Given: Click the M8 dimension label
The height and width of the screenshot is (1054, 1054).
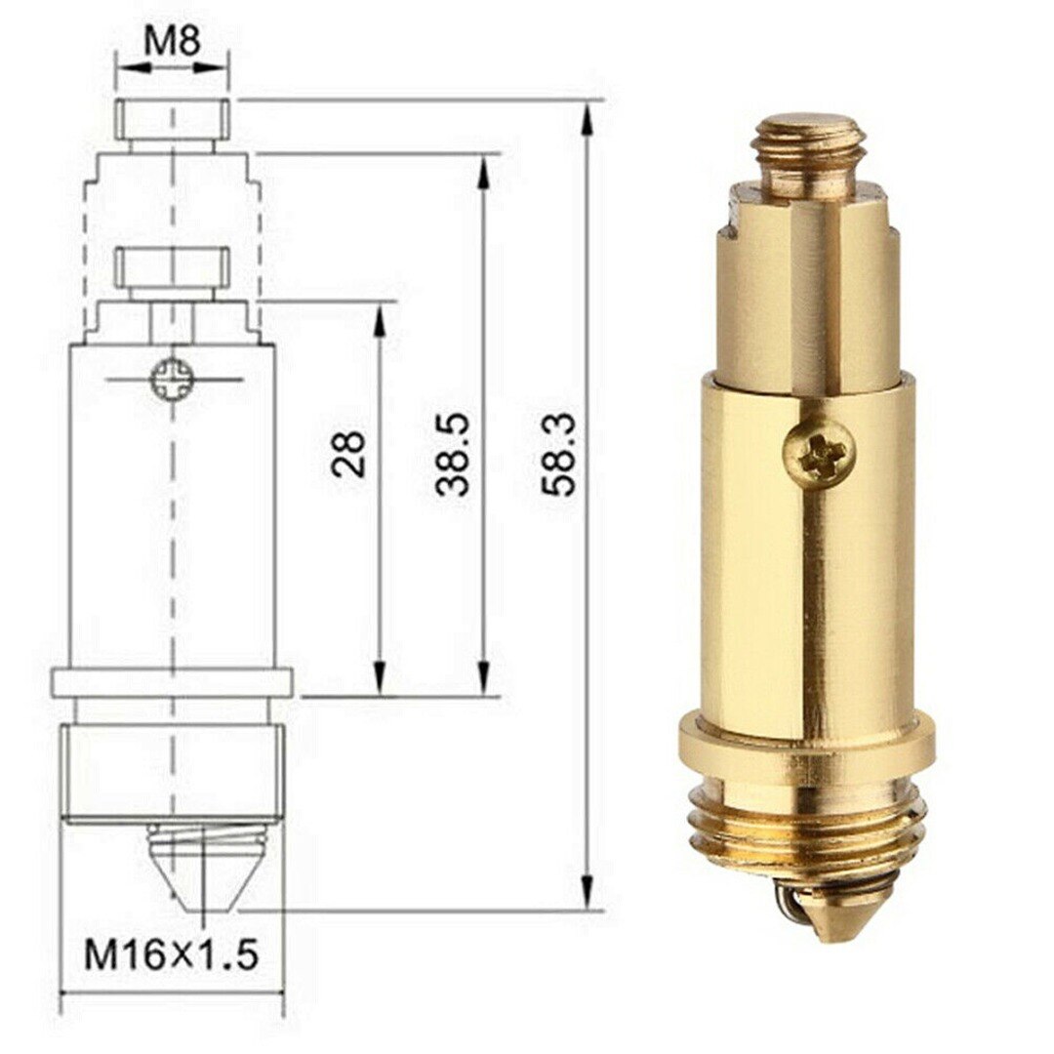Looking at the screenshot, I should click(173, 41).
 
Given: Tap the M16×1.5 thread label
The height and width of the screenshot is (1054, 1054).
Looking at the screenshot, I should click(172, 953).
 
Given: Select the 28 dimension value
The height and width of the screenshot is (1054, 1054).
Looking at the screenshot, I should click(349, 454).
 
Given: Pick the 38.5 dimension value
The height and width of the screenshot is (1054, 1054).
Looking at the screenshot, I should click(454, 454).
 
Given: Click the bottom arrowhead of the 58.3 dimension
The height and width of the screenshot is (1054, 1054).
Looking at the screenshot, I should click(587, 892).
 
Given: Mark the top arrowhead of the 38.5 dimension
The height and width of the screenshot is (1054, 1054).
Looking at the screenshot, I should click(482, 172).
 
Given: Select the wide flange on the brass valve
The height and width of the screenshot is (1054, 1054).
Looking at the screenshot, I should click(806, 746).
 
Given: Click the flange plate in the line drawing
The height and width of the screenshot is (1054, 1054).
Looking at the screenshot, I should click(172, 681).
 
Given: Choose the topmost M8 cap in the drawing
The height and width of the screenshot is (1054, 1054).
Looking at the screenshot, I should click(174, 118).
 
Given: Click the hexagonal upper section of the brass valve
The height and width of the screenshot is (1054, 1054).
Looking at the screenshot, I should click(807, 293).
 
